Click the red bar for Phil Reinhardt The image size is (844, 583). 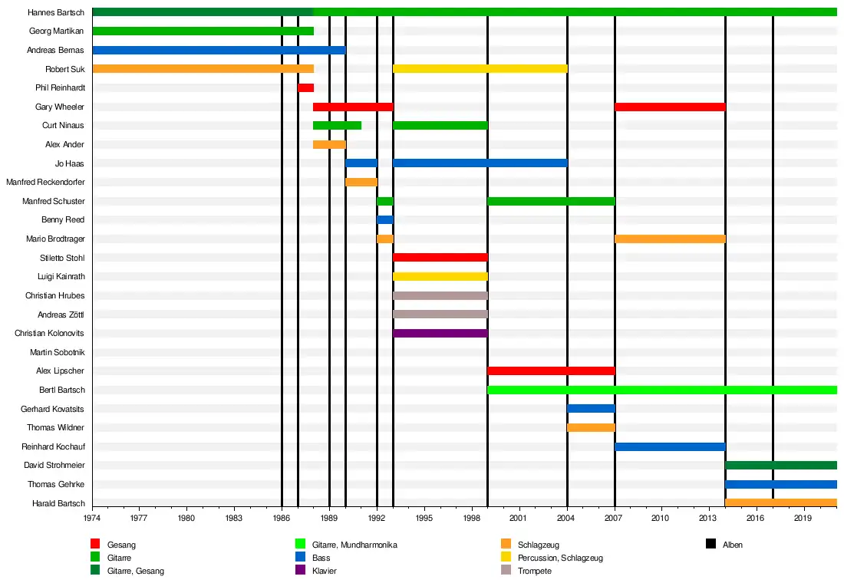(305, 87)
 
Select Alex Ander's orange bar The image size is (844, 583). (329, 144)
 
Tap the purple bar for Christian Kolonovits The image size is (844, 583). (440, 333)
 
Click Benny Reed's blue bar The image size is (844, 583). (385, 219)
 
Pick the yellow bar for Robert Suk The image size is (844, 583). (480, 68)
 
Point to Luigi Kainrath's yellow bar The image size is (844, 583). (440, 276)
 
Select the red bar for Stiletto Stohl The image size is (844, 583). (440, 257)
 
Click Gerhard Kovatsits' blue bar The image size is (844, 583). (591, 408)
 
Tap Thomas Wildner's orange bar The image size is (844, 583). (591, 427)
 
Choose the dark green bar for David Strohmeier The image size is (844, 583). (780, 465)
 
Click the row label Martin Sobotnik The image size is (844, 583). (57, 352)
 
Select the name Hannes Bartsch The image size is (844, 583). (55, 12)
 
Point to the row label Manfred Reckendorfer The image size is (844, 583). (45, 182)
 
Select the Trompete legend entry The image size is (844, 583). (534, 571)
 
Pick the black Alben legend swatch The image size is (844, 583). (710, 544)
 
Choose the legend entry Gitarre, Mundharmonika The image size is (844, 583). (354, 545)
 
